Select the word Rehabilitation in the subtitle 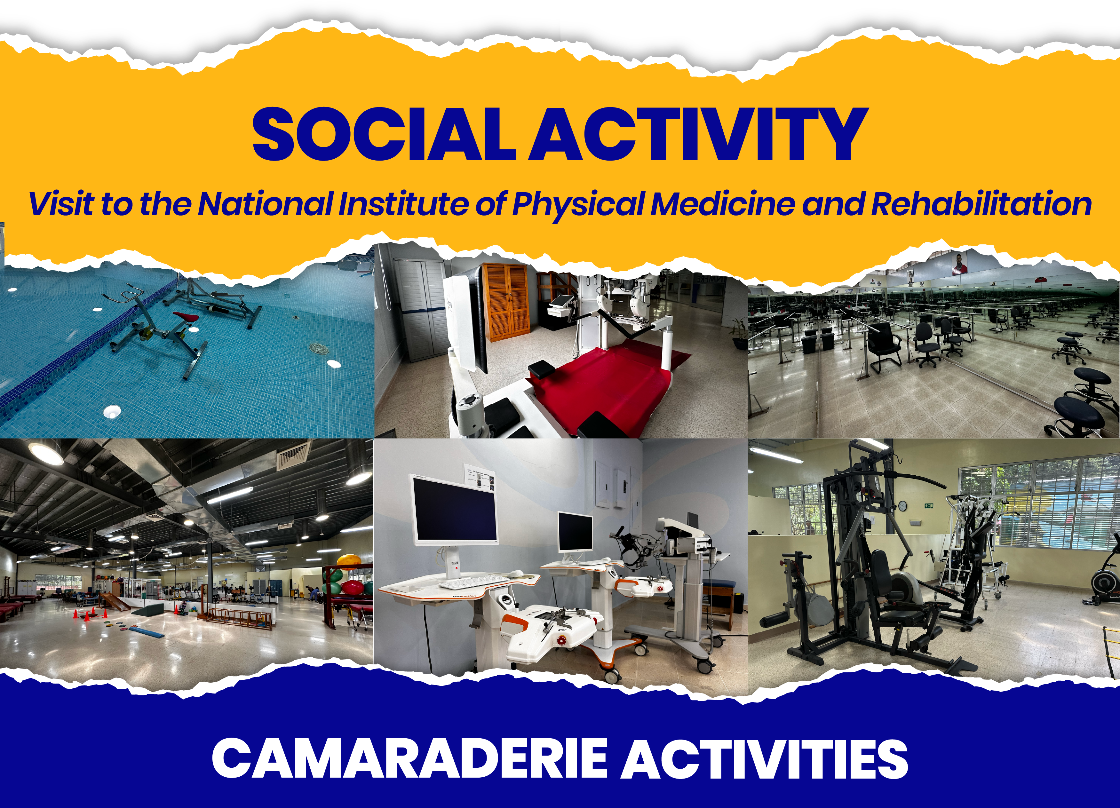click(x=981, y=204)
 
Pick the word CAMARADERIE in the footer click(x=409, y=759)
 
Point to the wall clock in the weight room click(x=902, y=506)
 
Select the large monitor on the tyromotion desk click(x=454, y=510)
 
